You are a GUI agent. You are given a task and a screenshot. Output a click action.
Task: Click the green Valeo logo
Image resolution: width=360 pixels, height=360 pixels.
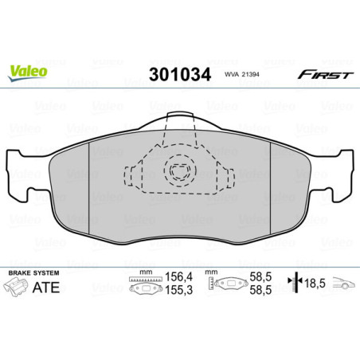pyautogui.click(x=28, y=71)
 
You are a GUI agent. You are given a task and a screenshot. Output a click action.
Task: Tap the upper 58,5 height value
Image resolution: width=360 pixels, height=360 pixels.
pyautogui.click(x=259, y=280)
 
